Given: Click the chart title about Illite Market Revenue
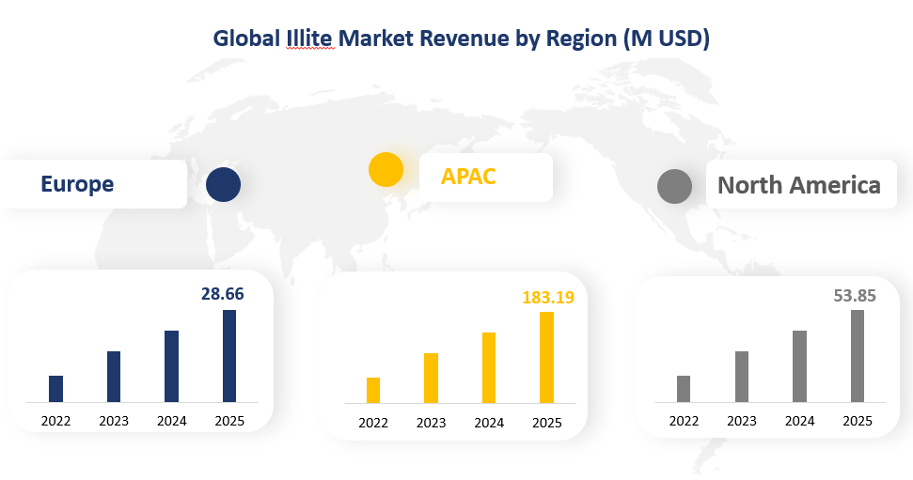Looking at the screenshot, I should pos(461,39).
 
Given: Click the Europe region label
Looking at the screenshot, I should pos(77,184).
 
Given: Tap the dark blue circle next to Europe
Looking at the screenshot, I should pos(224,184).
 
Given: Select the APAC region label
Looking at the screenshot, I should pos(468,177).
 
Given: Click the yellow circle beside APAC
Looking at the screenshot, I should pos(386,170).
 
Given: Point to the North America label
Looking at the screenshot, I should pos(798,185).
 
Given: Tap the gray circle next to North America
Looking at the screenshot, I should pos(674,186).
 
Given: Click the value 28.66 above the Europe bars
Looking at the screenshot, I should pos(223,294).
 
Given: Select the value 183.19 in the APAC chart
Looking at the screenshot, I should pos(547,298).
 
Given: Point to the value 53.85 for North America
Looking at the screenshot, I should pos(855,296).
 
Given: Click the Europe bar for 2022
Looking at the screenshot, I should pos(55,389).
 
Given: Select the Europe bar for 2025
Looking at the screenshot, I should pos(229,356).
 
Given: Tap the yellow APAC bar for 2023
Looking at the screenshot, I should pos(432,379).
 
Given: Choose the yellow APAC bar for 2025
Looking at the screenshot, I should pos(547,358).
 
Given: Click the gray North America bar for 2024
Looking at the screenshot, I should pos(799,366).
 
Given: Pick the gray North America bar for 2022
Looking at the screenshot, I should pos(684,389).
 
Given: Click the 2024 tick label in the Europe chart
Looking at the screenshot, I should pos(171,421).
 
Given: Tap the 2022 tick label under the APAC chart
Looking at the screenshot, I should pos(373,423).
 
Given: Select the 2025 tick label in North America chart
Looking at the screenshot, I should pos(858,421).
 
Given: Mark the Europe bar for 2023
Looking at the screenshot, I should pos(114,377).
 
